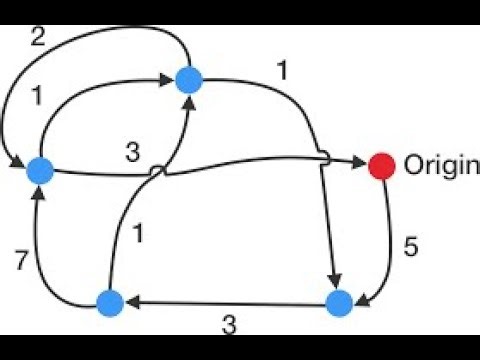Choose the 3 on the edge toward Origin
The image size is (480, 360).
[133, 153]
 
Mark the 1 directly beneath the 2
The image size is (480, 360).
[39, 98]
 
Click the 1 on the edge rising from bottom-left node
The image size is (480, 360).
[139, 236]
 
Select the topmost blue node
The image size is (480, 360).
[189, 80]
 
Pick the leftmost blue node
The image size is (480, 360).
[39, 171]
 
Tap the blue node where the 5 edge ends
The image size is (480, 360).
[339, 302]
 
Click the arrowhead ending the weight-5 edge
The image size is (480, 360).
[361, 294]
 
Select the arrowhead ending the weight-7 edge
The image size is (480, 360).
[39, 192]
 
